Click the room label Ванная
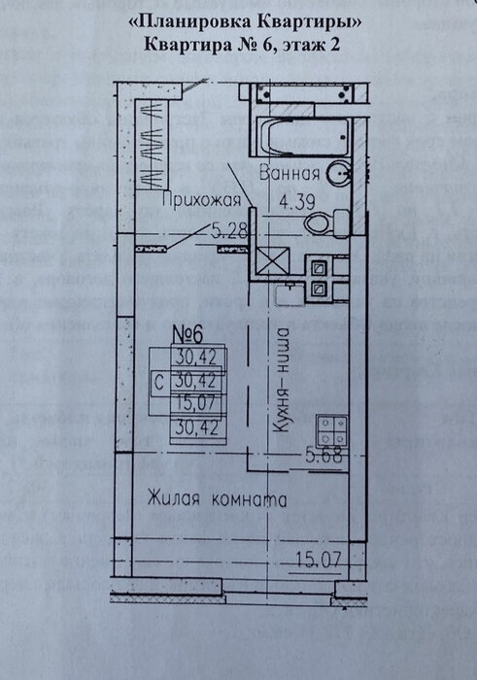coord(290,174)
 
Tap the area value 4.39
coord(297,202)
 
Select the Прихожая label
coord(202,200)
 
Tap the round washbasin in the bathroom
coord(339,173)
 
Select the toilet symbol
coord(327,222)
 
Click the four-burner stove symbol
coord(332,431)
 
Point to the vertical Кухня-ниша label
coord(282,380)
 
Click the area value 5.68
coord(324,456)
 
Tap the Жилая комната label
coord(217,498)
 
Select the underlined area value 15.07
coord(318,560)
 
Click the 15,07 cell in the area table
coord(195,403)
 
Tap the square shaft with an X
coord(272,260)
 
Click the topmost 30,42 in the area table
coord(195,357)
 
